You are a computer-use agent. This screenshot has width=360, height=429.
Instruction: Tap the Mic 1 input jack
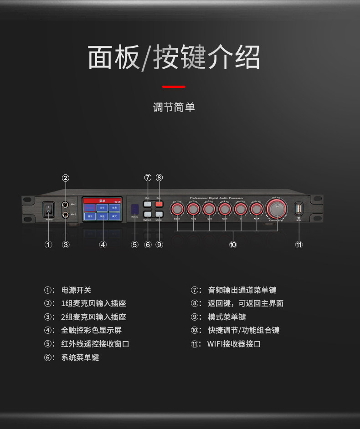(x=66, y=205)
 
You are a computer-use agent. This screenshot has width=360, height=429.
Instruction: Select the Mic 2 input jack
(x=66, y=214)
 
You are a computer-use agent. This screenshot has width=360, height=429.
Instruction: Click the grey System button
(x=147, y=214)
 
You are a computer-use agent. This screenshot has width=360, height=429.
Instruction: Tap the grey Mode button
(x=159, y=214)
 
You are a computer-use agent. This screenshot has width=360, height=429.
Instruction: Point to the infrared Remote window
(x=135, y=209)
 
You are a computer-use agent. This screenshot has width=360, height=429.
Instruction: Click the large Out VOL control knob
(x=276, y=209)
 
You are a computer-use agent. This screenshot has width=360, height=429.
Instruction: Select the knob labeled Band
(x=177, y=209)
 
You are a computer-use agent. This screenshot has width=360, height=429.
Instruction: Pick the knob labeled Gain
(x=225, y=209)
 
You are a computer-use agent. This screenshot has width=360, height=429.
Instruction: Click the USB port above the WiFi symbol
(x=299, y=209)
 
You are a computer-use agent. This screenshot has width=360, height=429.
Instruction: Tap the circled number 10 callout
(x=233, y=245)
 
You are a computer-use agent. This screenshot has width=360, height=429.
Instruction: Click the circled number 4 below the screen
(x=103, y=245)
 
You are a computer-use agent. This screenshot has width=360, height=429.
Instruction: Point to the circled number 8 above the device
(x=159, y=178)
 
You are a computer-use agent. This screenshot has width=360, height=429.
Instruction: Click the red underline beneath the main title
(x=174, y=86)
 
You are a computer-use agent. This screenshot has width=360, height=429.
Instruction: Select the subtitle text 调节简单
(x=174, y=107)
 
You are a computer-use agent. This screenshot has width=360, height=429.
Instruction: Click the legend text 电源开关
(x=77, y=290)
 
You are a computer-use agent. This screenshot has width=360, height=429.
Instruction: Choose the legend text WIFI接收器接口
(x=234, y=344)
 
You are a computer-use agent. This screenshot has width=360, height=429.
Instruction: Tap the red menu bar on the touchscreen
(x=103, y=200)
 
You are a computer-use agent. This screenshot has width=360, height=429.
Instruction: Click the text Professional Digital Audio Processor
(x=216, y=199)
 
